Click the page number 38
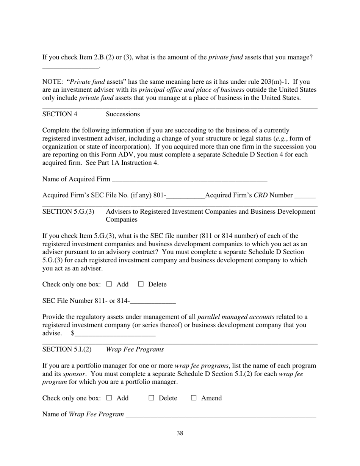tap(180, 433)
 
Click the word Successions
tap(123, 114)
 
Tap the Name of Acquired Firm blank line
tap(189, 180)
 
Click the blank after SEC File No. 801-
tap(185, 196)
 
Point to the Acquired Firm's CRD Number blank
tap(305, 196)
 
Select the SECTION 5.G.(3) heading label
tap(68, 211)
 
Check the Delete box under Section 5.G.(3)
tap(141, 284)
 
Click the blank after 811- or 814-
tap(153, 302)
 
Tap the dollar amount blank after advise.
tap(115, 334)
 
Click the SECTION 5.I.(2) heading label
tap(67, 349)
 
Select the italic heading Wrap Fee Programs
tap(135, 349)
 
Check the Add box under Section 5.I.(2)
tap(109, 398)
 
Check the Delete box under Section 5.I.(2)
tap(152, 398)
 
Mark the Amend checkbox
tap(194, 398)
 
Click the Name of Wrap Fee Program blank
tap(221, 415)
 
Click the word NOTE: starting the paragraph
tap(53, 81)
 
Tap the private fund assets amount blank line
tap(70, 66)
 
